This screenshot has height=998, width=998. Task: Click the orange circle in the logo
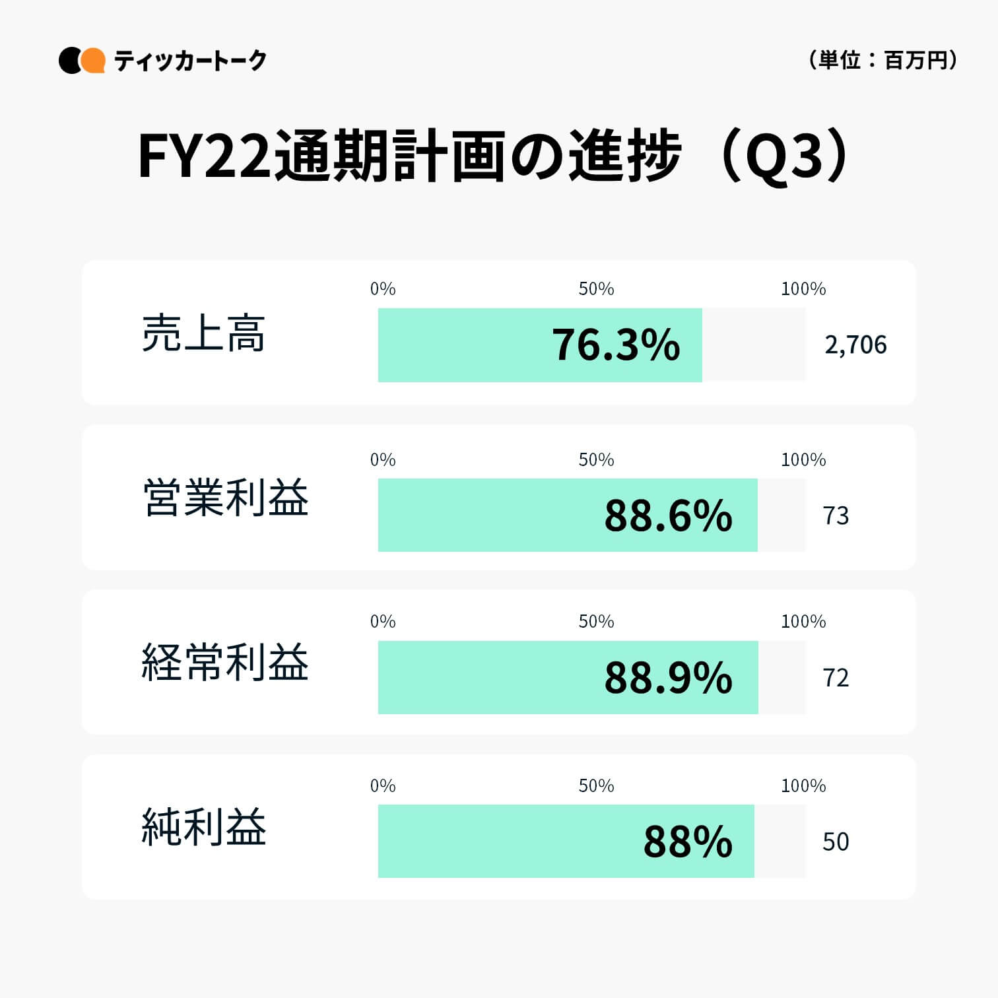[x=93, y=60]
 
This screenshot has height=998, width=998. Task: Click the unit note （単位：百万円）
[x=882, y=60]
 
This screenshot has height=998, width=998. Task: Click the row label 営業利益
[x=226, y=498]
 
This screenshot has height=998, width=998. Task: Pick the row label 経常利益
[x=226, y=662]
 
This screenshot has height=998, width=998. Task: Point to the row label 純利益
[x=203, y=827]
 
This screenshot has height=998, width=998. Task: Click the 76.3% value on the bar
[x=615, y=345]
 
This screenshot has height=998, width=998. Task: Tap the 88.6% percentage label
[x=668, y=516]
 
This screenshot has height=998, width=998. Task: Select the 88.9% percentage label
[x=668, y=678]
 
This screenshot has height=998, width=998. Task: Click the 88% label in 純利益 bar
[x=688, y=842]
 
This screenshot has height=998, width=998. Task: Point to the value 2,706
[x=855, y=345]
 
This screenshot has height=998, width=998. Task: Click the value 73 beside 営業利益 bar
[x=836, y=516]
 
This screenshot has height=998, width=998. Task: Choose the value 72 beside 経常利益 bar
[x=836, y=678]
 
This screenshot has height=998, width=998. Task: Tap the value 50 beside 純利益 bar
[x=836, y=842]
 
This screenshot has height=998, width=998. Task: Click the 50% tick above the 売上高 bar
[x=596, y=289]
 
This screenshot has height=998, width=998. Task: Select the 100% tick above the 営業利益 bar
[x=803, y=459]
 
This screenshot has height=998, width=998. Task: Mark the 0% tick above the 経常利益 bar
[x=383, y=621]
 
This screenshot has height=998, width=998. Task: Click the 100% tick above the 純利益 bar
[x=803, y=785]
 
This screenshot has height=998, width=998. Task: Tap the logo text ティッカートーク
[x=190, y=61]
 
